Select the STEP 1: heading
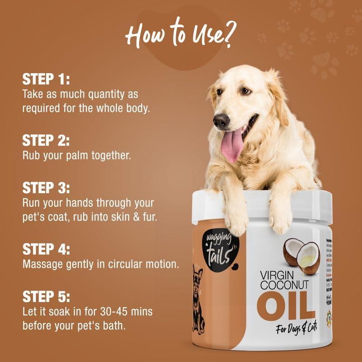click(46, 80)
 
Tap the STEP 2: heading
click(46, 140)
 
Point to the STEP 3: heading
click(46, 187)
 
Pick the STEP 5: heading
click(46, 297)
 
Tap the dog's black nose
click(221, 120)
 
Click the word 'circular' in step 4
click(120, 263)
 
